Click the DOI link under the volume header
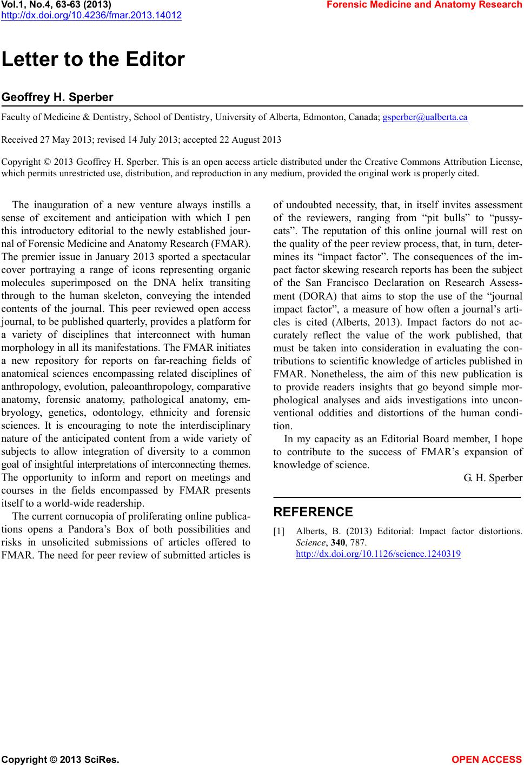[x=91, y=15]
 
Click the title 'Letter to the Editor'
[x=94, y=59]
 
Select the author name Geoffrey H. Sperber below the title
[x=58, y=98]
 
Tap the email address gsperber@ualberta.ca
[x=424, y=117]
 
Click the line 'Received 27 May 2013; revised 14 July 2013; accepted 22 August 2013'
[x=142, y=140]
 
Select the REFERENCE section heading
[x=313, y=512]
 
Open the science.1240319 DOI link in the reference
[x=378, y=554]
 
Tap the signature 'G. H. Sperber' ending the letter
[x=493, y=478]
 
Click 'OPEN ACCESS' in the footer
[x=487, y=759]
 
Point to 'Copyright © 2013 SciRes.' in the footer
[x=61, y=759]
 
